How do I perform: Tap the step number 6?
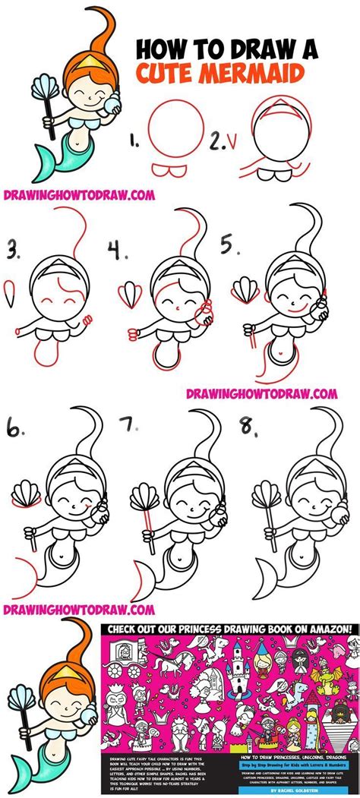[16, 431]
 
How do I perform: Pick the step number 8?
[248, 431]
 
